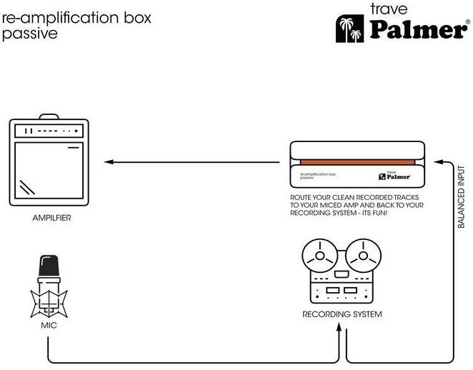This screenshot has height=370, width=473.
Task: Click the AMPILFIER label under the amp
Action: point(51,218)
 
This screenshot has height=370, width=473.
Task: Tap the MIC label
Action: point(49,326)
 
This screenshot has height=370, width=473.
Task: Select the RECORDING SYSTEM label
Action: point(342,314)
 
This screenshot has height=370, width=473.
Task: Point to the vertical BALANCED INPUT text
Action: point(461,196)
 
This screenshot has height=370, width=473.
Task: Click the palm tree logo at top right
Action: point(350,29)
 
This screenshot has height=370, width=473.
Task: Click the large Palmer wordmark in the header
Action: point(419,30)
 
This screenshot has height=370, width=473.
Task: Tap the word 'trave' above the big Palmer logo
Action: point(389,9)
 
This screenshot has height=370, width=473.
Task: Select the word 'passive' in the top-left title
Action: point(29,34)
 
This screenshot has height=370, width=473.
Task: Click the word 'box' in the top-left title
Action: point(137,18)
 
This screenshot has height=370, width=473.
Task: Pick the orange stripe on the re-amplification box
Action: point(357,162)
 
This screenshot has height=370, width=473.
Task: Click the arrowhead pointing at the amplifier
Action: point(109,162)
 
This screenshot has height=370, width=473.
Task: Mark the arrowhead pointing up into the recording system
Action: point(339,327)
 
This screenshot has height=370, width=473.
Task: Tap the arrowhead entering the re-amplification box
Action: point(438,162)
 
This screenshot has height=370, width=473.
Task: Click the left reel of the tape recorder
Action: point(320,256)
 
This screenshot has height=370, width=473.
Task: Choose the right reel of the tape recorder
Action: point(363,256)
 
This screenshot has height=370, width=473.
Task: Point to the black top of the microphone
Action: point(49,266)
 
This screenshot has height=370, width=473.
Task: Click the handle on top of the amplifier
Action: point(49,116)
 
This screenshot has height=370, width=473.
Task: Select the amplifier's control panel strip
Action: point(49,131)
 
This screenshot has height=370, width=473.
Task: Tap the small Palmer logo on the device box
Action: point(394,176)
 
